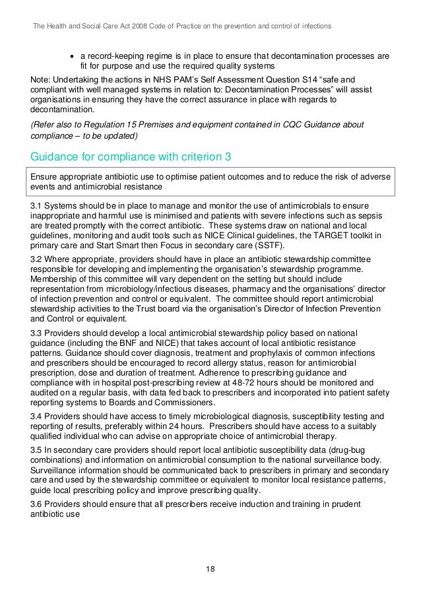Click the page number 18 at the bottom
pos(210,568)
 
